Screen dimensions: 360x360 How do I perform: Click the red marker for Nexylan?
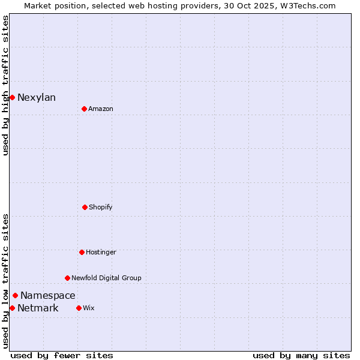(12, 97)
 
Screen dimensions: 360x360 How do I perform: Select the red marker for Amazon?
(84, 109)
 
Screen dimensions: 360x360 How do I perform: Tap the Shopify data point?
(85, 207)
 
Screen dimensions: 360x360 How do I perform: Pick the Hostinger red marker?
(82, 252)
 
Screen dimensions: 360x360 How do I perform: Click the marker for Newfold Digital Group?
(67, 278)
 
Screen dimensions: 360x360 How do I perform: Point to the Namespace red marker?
(15, 295)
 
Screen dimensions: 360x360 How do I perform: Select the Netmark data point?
(12, 308)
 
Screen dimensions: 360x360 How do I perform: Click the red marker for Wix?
(79, 308)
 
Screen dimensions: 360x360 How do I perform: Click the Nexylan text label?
(37, 98)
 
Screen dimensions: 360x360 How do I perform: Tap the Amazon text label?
(101, 109)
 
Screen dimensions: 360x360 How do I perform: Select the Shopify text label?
(101, 208)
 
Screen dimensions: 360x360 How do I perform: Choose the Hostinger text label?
(101, 253)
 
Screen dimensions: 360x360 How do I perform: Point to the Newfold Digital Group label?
(106, 278)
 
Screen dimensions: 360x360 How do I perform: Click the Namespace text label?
(48, 296)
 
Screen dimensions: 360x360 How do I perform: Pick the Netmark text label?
(38, 308)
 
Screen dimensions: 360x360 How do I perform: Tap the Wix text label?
(89, 308)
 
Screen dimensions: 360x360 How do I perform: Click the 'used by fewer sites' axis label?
(62, 355)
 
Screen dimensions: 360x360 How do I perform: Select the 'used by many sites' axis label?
(301, 355)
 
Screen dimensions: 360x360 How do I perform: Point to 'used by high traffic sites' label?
(5, 85)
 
